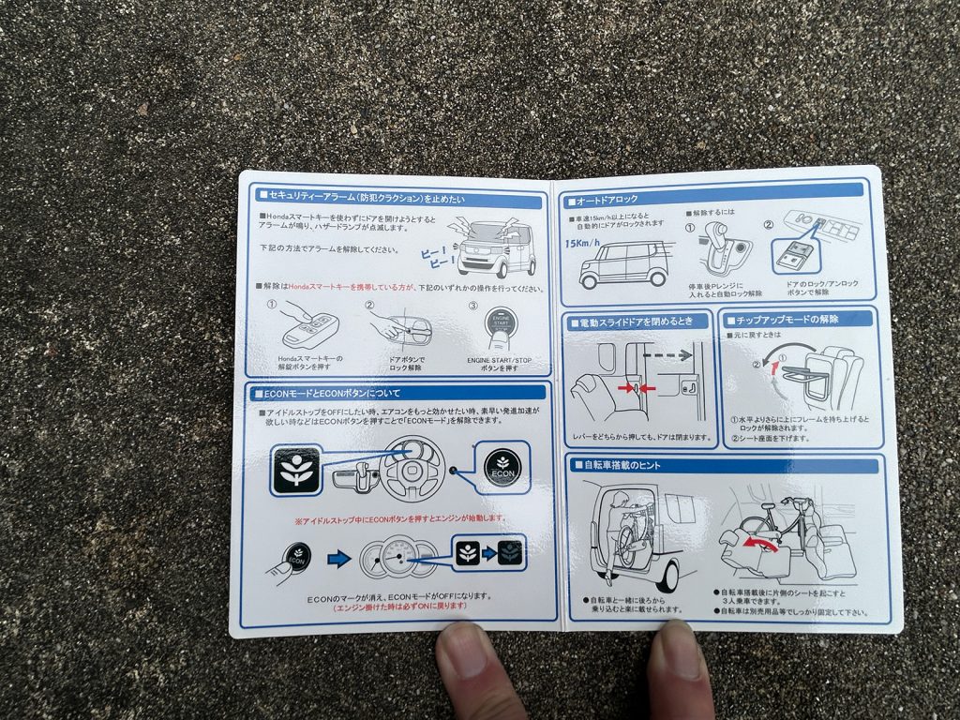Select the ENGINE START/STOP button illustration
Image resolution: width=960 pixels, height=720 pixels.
click(x=501, y=329)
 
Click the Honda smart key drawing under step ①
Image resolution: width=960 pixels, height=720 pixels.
click(x=310, y=328)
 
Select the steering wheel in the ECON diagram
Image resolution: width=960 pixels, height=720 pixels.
click(x=405, y=465)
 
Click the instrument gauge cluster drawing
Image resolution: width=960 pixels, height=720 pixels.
click(x=397, y=559)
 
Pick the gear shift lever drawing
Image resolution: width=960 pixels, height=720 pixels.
click(x=721, y=254)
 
